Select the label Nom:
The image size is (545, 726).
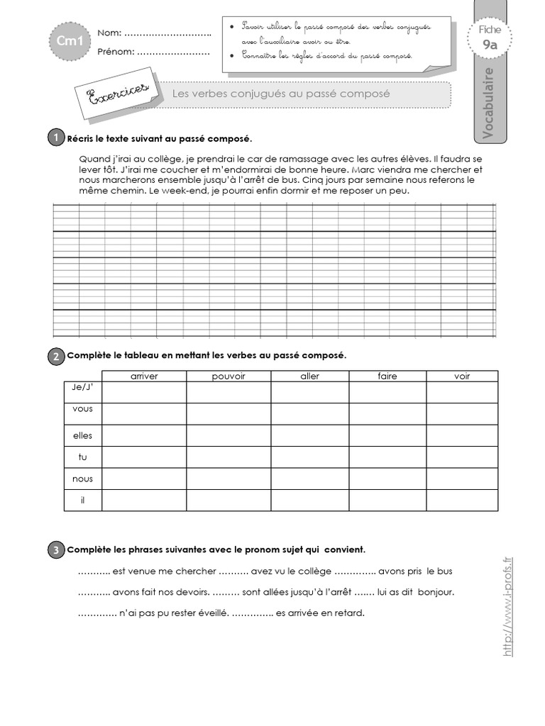[109, 33]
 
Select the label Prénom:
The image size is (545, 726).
[115, 52]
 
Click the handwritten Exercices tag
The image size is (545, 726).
[115, 94]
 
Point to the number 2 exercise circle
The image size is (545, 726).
[56, 356]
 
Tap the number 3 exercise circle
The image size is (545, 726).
[56, 549]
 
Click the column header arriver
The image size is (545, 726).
[144, 376]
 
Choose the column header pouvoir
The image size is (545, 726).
[229, 376]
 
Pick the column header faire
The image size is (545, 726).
[387, 376]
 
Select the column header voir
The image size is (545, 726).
[462, 376]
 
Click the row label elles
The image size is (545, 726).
[82, 435]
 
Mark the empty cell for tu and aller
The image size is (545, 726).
[309, 457]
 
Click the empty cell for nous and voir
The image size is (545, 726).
[462, 479]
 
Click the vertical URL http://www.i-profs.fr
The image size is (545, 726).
[507, 607]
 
